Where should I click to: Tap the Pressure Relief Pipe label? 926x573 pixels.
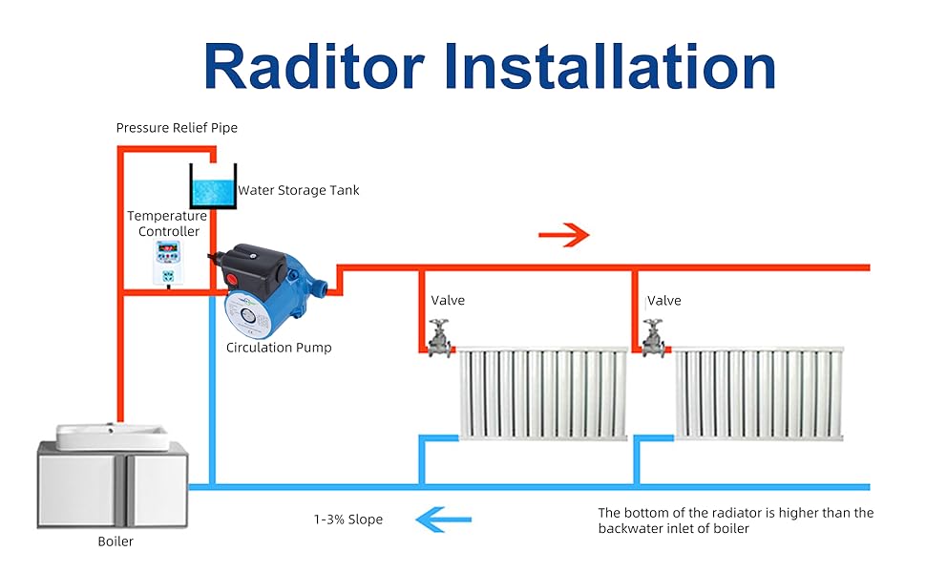point(177,127)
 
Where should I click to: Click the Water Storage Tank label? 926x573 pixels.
point(299,190)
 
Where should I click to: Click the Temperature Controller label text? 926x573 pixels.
point(168,223)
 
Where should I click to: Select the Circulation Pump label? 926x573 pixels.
point(279,348)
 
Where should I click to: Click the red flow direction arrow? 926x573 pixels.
point(564,235)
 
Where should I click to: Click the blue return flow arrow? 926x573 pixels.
point(443,520)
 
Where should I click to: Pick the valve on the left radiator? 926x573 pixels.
point(439,338)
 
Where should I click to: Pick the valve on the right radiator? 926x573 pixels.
point(655,338)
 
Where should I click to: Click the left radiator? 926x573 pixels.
point(542,393)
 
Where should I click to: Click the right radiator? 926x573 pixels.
point(759,393)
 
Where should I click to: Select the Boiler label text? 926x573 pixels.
point(116,541)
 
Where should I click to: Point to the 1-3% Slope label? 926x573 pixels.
point(348,520)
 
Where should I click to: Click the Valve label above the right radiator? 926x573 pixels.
point(664,300)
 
